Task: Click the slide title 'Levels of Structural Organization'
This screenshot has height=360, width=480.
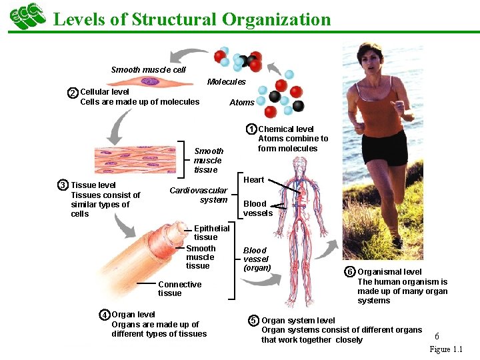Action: click(191, 19)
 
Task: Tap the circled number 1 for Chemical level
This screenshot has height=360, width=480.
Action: click(251, 129)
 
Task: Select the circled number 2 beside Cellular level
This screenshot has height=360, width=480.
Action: click(73, 93)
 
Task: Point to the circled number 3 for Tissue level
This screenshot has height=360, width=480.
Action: click(63, 185)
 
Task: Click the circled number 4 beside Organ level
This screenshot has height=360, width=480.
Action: click(105, 315)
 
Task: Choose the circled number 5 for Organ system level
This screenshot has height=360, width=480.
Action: click(253, 321)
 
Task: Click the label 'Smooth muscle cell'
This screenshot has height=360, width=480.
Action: click(148, 69)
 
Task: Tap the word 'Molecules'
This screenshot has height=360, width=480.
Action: click(227, 82)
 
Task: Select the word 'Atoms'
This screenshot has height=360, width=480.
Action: click(241, 103)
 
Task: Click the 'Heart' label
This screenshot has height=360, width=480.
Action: click(253, 180)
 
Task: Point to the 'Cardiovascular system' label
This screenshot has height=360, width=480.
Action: click(199, 195)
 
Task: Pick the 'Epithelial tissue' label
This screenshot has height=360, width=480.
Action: click(211, 233)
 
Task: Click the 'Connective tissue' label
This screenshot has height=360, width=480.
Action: click(179, 289)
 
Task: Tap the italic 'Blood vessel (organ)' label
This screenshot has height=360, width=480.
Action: click(257, 259)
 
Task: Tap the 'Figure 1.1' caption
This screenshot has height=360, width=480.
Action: click(445, 349)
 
